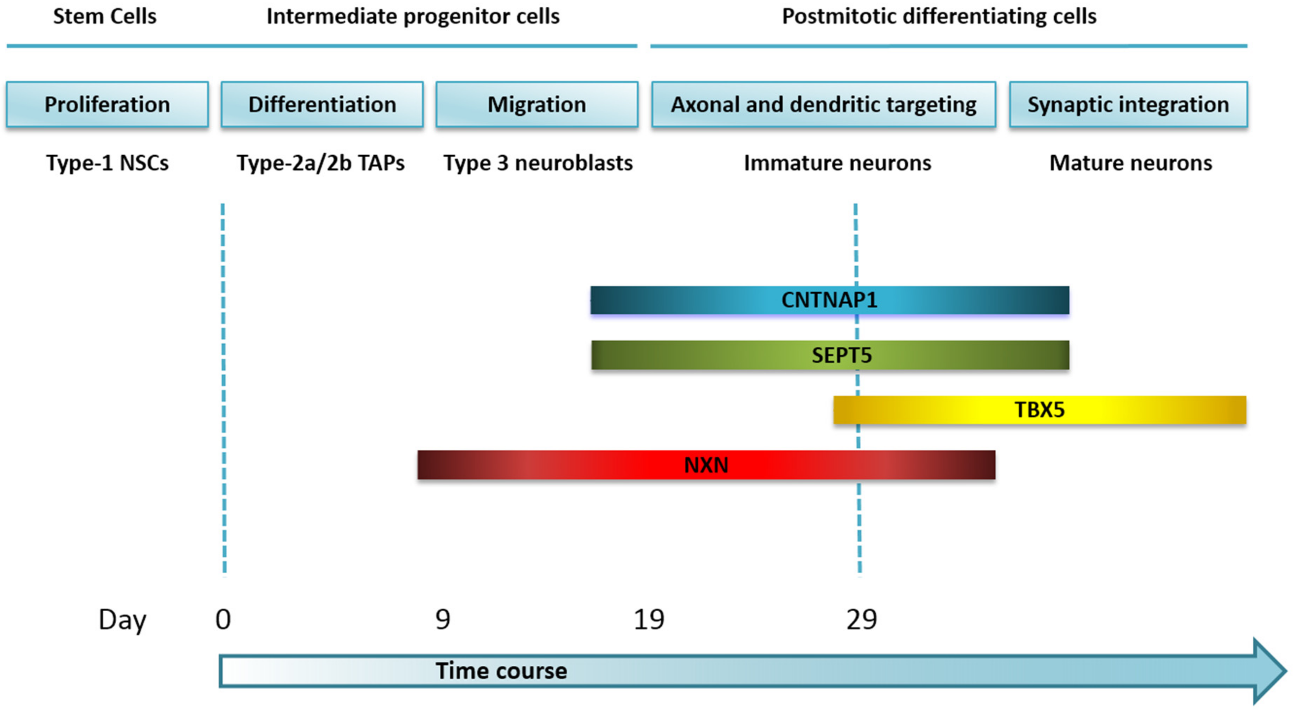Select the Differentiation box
[322, 104]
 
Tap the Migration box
[537, 104]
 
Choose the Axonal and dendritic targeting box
[823, 104]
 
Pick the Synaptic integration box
[1128, 104]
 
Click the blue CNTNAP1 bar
[829, 300]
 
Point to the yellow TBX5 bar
[1040, 410]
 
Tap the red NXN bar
[706, 465]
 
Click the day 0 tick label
[223, 619]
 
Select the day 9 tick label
[443, 619]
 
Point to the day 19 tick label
[649, 619]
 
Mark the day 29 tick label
[861, 619]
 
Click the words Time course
[501, 671]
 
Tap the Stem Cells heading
[105, 16]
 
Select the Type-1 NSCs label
[108, 163]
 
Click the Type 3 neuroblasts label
[538, 163]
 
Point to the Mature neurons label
[1130, 163]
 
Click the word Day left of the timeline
[122, 620]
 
